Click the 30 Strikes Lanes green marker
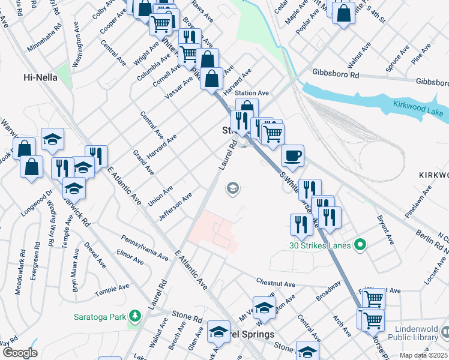[x=360, y=244]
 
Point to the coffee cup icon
[x=292, y=156]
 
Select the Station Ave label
[x=252, y=93]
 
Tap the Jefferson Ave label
[x=175, y=206]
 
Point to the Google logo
[x=19, y=353]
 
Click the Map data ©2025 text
[x=424, y=355]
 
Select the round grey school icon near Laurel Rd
[x=232, y=190]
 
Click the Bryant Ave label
[x=385, y=230]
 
